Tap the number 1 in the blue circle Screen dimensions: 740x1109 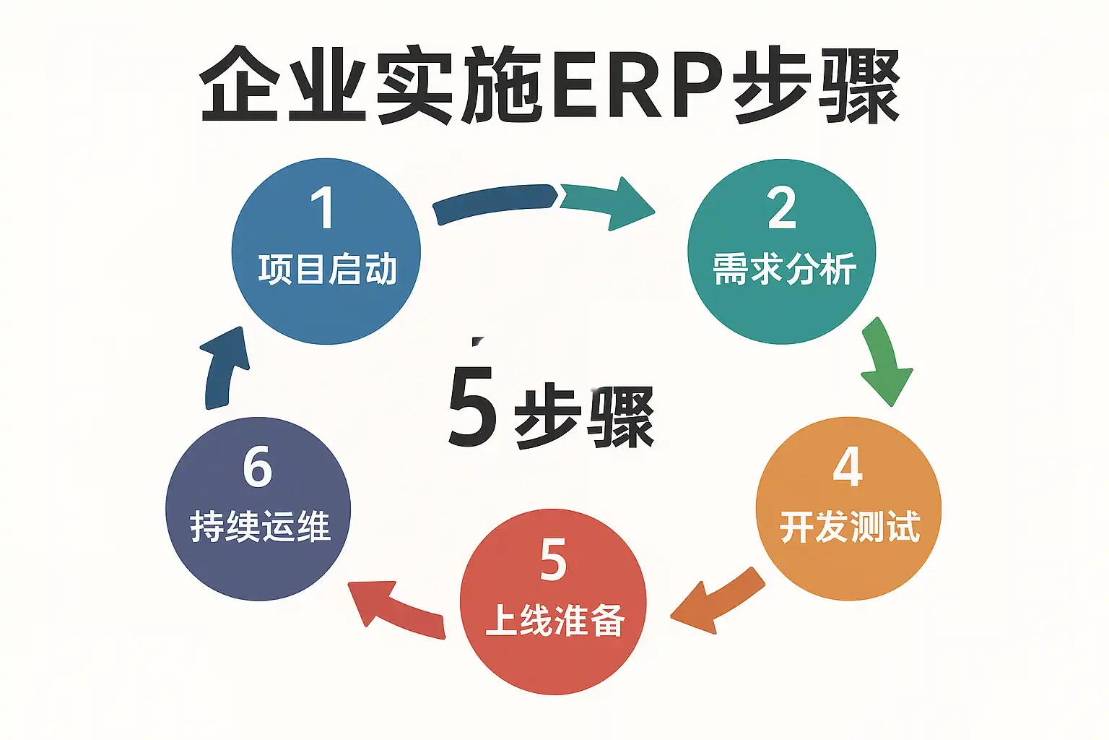(322, 209)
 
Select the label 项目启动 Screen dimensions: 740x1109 (328, 270)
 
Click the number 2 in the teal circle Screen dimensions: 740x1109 (782, 209)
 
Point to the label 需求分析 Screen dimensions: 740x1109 (785, 270)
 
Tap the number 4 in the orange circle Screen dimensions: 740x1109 (848, 468)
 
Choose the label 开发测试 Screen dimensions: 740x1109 (850, 527)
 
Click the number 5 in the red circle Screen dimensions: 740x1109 (553, 559)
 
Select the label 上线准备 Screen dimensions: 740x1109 (554, 620)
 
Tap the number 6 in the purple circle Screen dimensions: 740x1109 (258, 468)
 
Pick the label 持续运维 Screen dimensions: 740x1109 (260, 527)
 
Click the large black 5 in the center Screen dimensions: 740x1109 (472, 405)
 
